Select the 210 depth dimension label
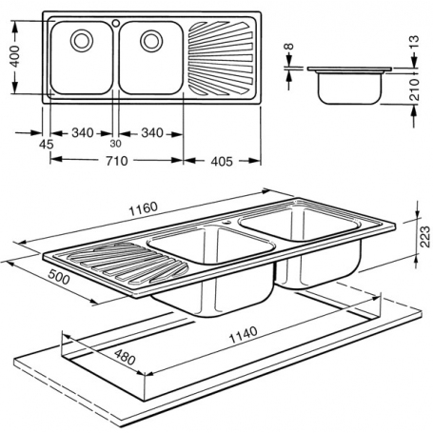[414, 89]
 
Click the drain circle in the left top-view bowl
[79, 42]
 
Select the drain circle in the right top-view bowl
[150, 42]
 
